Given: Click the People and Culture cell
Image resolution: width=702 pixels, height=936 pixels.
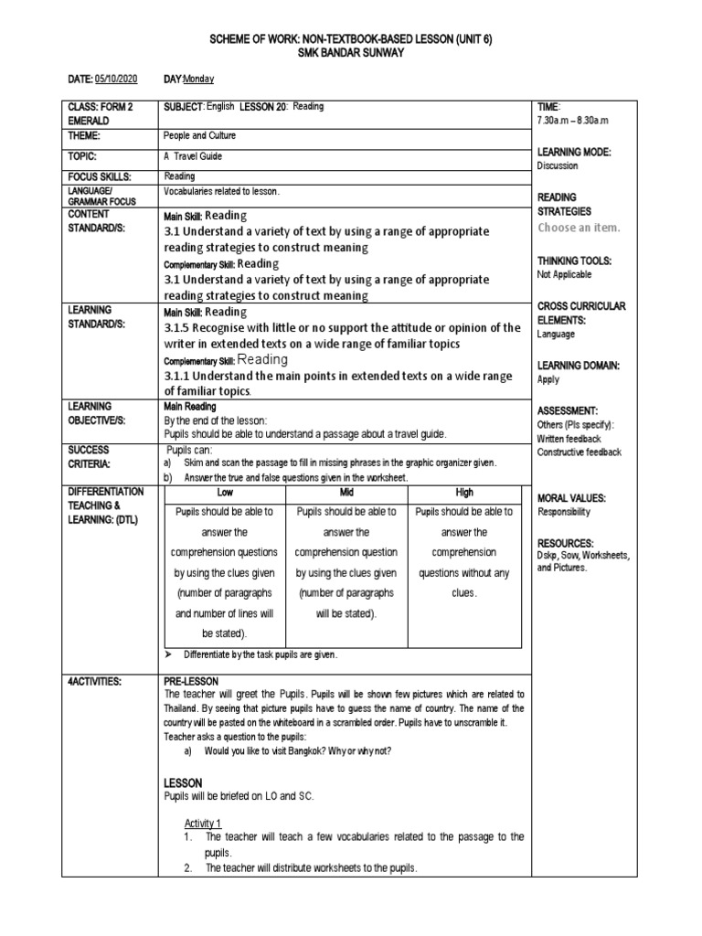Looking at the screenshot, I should (x=199, y=135).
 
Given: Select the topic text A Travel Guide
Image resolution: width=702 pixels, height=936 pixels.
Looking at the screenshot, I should (x=193, y=156).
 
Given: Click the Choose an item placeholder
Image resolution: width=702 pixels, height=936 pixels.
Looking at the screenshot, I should (x=579, y=228).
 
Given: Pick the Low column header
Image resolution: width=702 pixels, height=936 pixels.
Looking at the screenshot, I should (x=224, y=492).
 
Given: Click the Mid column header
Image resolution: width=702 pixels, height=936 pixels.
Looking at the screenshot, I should (x=346, y=492).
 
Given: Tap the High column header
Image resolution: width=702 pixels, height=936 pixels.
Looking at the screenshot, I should (x=463, y=492).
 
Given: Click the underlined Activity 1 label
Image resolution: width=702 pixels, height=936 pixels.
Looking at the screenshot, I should (x=203, y=823).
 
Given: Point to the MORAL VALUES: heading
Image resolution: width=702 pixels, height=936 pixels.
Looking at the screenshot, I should (x=572, y=498).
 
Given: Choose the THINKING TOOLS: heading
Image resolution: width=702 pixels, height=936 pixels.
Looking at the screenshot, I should (x=575, y=261).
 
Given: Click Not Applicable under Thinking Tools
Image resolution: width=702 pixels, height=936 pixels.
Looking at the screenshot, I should (x=564, y=274).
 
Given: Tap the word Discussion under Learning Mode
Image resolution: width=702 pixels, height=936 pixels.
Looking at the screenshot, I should (x=558, y=166).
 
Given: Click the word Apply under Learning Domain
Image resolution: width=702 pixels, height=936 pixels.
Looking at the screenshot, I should (x=548, y=379).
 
